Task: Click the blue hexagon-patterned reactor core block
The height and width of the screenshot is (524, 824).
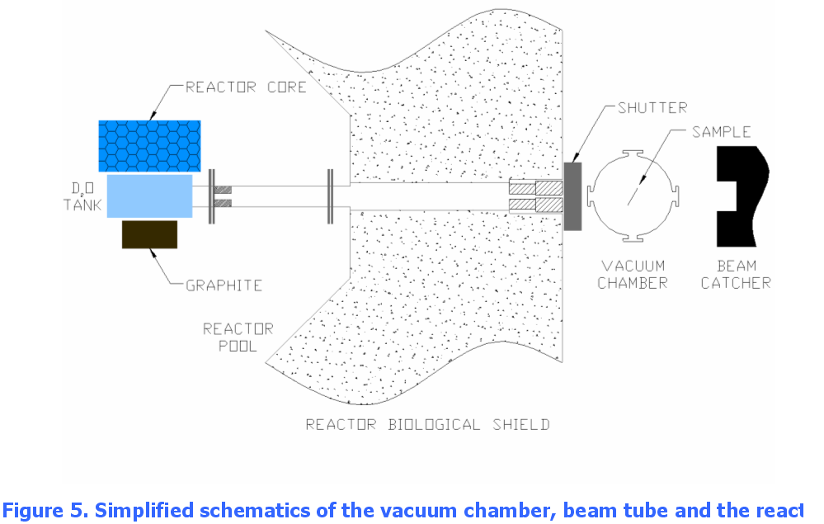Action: [x=150, y=145]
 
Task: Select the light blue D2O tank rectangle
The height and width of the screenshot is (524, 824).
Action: [x=150, y=196]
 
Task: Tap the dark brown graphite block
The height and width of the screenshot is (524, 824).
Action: [x=150, y=234]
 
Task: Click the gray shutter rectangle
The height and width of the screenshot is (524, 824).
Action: [x=572, y=196]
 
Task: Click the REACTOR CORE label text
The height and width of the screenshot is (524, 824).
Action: [x=246, y=87]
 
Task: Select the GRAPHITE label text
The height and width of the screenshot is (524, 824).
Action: [x=224, y=286]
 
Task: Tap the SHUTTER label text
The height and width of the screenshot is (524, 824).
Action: [x=652, y=108]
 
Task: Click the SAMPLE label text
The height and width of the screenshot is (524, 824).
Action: [x=721, y=132]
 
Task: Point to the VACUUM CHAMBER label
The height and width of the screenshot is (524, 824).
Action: [x=633, y=274]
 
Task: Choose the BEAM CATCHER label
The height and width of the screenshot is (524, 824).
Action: [x=736, y=274]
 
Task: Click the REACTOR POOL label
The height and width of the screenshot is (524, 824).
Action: [x=238, y=338]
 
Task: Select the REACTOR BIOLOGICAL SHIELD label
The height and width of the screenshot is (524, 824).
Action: [x=428, y=424]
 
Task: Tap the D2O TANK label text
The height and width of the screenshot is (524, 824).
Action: [x=83, y=196]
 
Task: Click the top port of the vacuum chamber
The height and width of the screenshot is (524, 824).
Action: [x=633, y=153]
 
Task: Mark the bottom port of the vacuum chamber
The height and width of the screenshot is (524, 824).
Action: [x=633, y=238]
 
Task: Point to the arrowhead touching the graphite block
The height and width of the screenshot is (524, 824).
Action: [x=153, y=253]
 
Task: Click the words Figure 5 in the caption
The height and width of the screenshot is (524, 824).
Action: [x=45, y=510]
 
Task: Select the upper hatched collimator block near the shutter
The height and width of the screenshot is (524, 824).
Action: [x=536, y=187]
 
